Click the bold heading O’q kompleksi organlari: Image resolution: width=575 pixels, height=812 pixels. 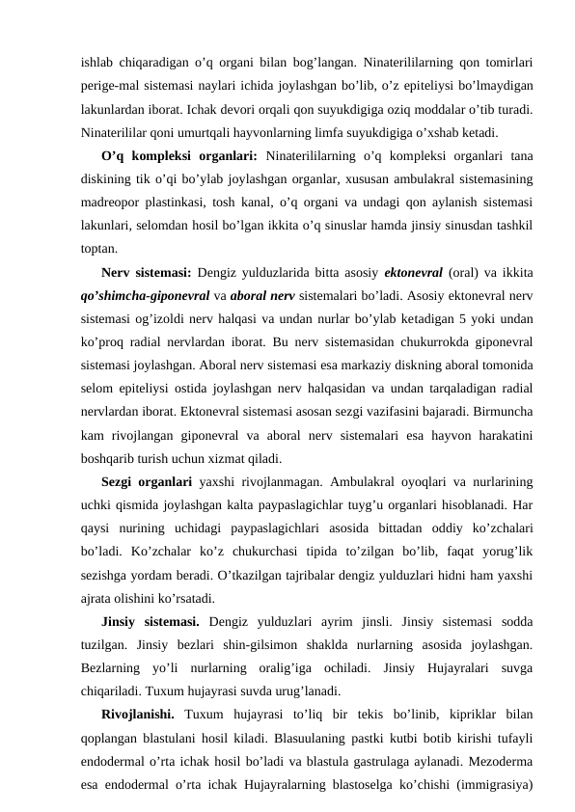pyautogui.click(x=178, y=157)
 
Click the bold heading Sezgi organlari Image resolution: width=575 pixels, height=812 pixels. pyautogui.click(x=146, y=481)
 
